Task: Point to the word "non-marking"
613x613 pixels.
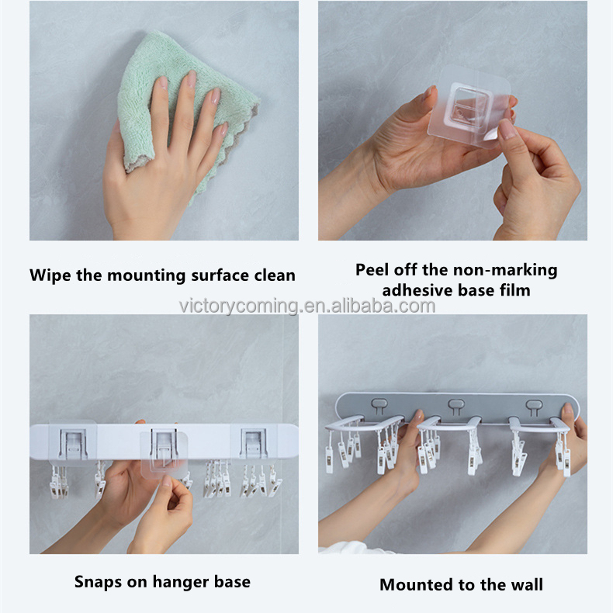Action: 505,271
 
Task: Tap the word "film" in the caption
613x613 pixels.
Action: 515,290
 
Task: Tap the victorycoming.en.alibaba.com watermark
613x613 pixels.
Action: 307,306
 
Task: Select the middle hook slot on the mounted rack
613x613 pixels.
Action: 456,406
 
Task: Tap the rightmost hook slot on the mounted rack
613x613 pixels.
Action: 534,407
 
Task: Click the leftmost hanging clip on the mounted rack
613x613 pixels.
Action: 329,459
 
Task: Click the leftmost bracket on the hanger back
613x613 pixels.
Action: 73,444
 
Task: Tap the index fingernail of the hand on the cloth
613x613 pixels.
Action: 164,83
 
